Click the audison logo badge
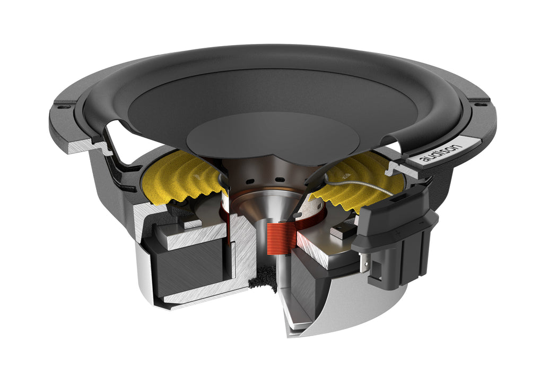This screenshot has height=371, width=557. pyautogui.click(x=443, y=152)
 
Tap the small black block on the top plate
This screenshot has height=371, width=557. pyautogui.click(x=340, y=231)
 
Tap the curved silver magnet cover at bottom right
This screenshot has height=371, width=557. pyautogui.click(x=340, y=307)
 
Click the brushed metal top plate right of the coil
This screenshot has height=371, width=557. pyautogui.click(x=318, y=246)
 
